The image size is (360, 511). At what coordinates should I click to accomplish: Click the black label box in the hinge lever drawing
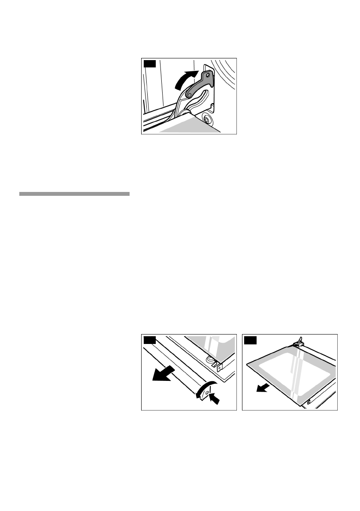148,64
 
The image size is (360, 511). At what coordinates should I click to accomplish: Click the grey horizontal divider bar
74,194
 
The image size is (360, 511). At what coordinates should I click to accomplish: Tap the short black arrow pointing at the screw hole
216,399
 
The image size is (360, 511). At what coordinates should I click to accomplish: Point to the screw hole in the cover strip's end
208,392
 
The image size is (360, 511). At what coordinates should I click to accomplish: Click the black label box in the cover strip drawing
148,340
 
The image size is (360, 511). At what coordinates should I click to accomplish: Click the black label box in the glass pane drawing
250,340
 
